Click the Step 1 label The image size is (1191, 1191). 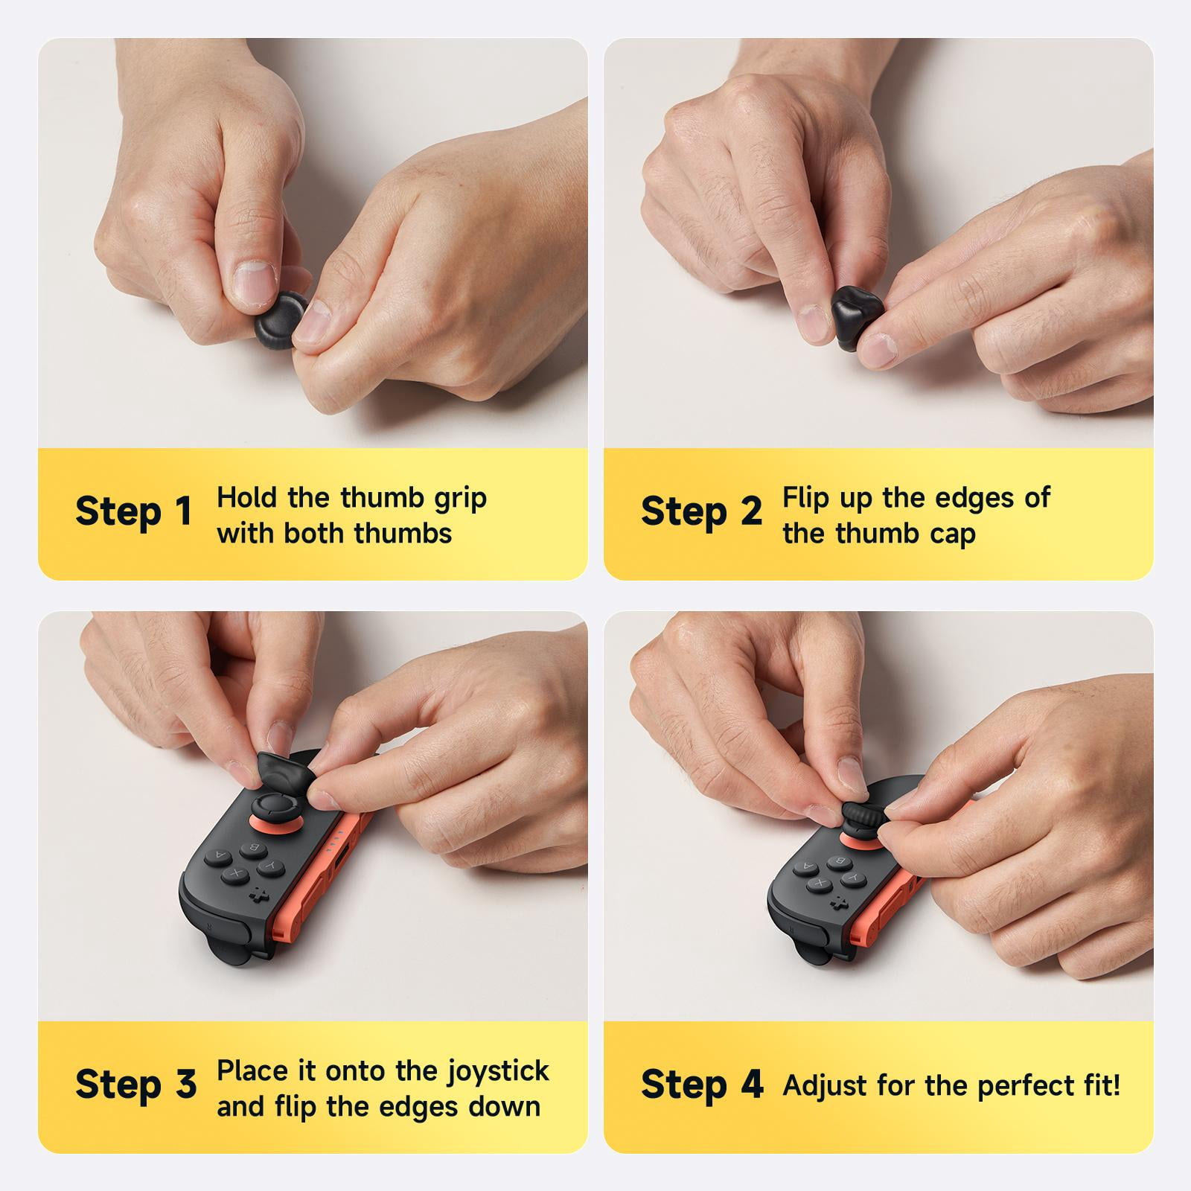click(133, 511)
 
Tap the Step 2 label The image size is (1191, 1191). click(701, 511)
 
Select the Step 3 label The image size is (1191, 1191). click(135, 1085)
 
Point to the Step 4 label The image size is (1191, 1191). click(702, 1085)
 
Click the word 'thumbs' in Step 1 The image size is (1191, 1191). click(403, 534)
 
